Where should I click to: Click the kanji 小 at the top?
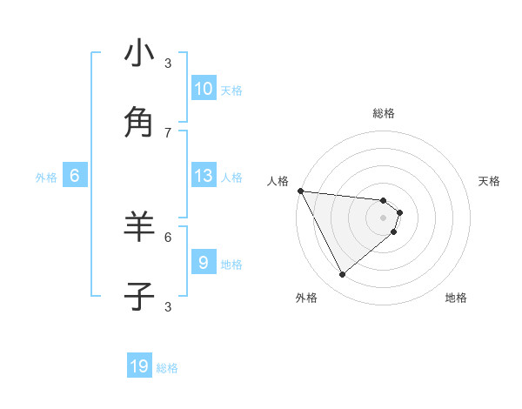pos(139,53)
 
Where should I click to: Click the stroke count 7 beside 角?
pos(168,132)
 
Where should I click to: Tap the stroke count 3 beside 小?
pos(168,63)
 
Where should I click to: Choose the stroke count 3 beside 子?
pos(168,306)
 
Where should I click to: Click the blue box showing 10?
pos(204,88)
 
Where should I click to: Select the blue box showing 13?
pos(204,176)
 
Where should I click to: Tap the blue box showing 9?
pos(204,262)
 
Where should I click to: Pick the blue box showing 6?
pos(75,176)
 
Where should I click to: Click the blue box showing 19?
pos(139,366)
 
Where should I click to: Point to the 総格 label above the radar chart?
pos(384,113)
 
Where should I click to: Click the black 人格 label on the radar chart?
pos(278,181)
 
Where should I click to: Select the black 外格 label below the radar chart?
pos(306,298)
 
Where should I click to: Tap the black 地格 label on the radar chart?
pos(456,298)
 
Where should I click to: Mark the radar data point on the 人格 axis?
pos(299,191)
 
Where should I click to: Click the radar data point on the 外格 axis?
pos(342,274)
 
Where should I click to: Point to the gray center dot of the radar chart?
pos(384,217)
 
